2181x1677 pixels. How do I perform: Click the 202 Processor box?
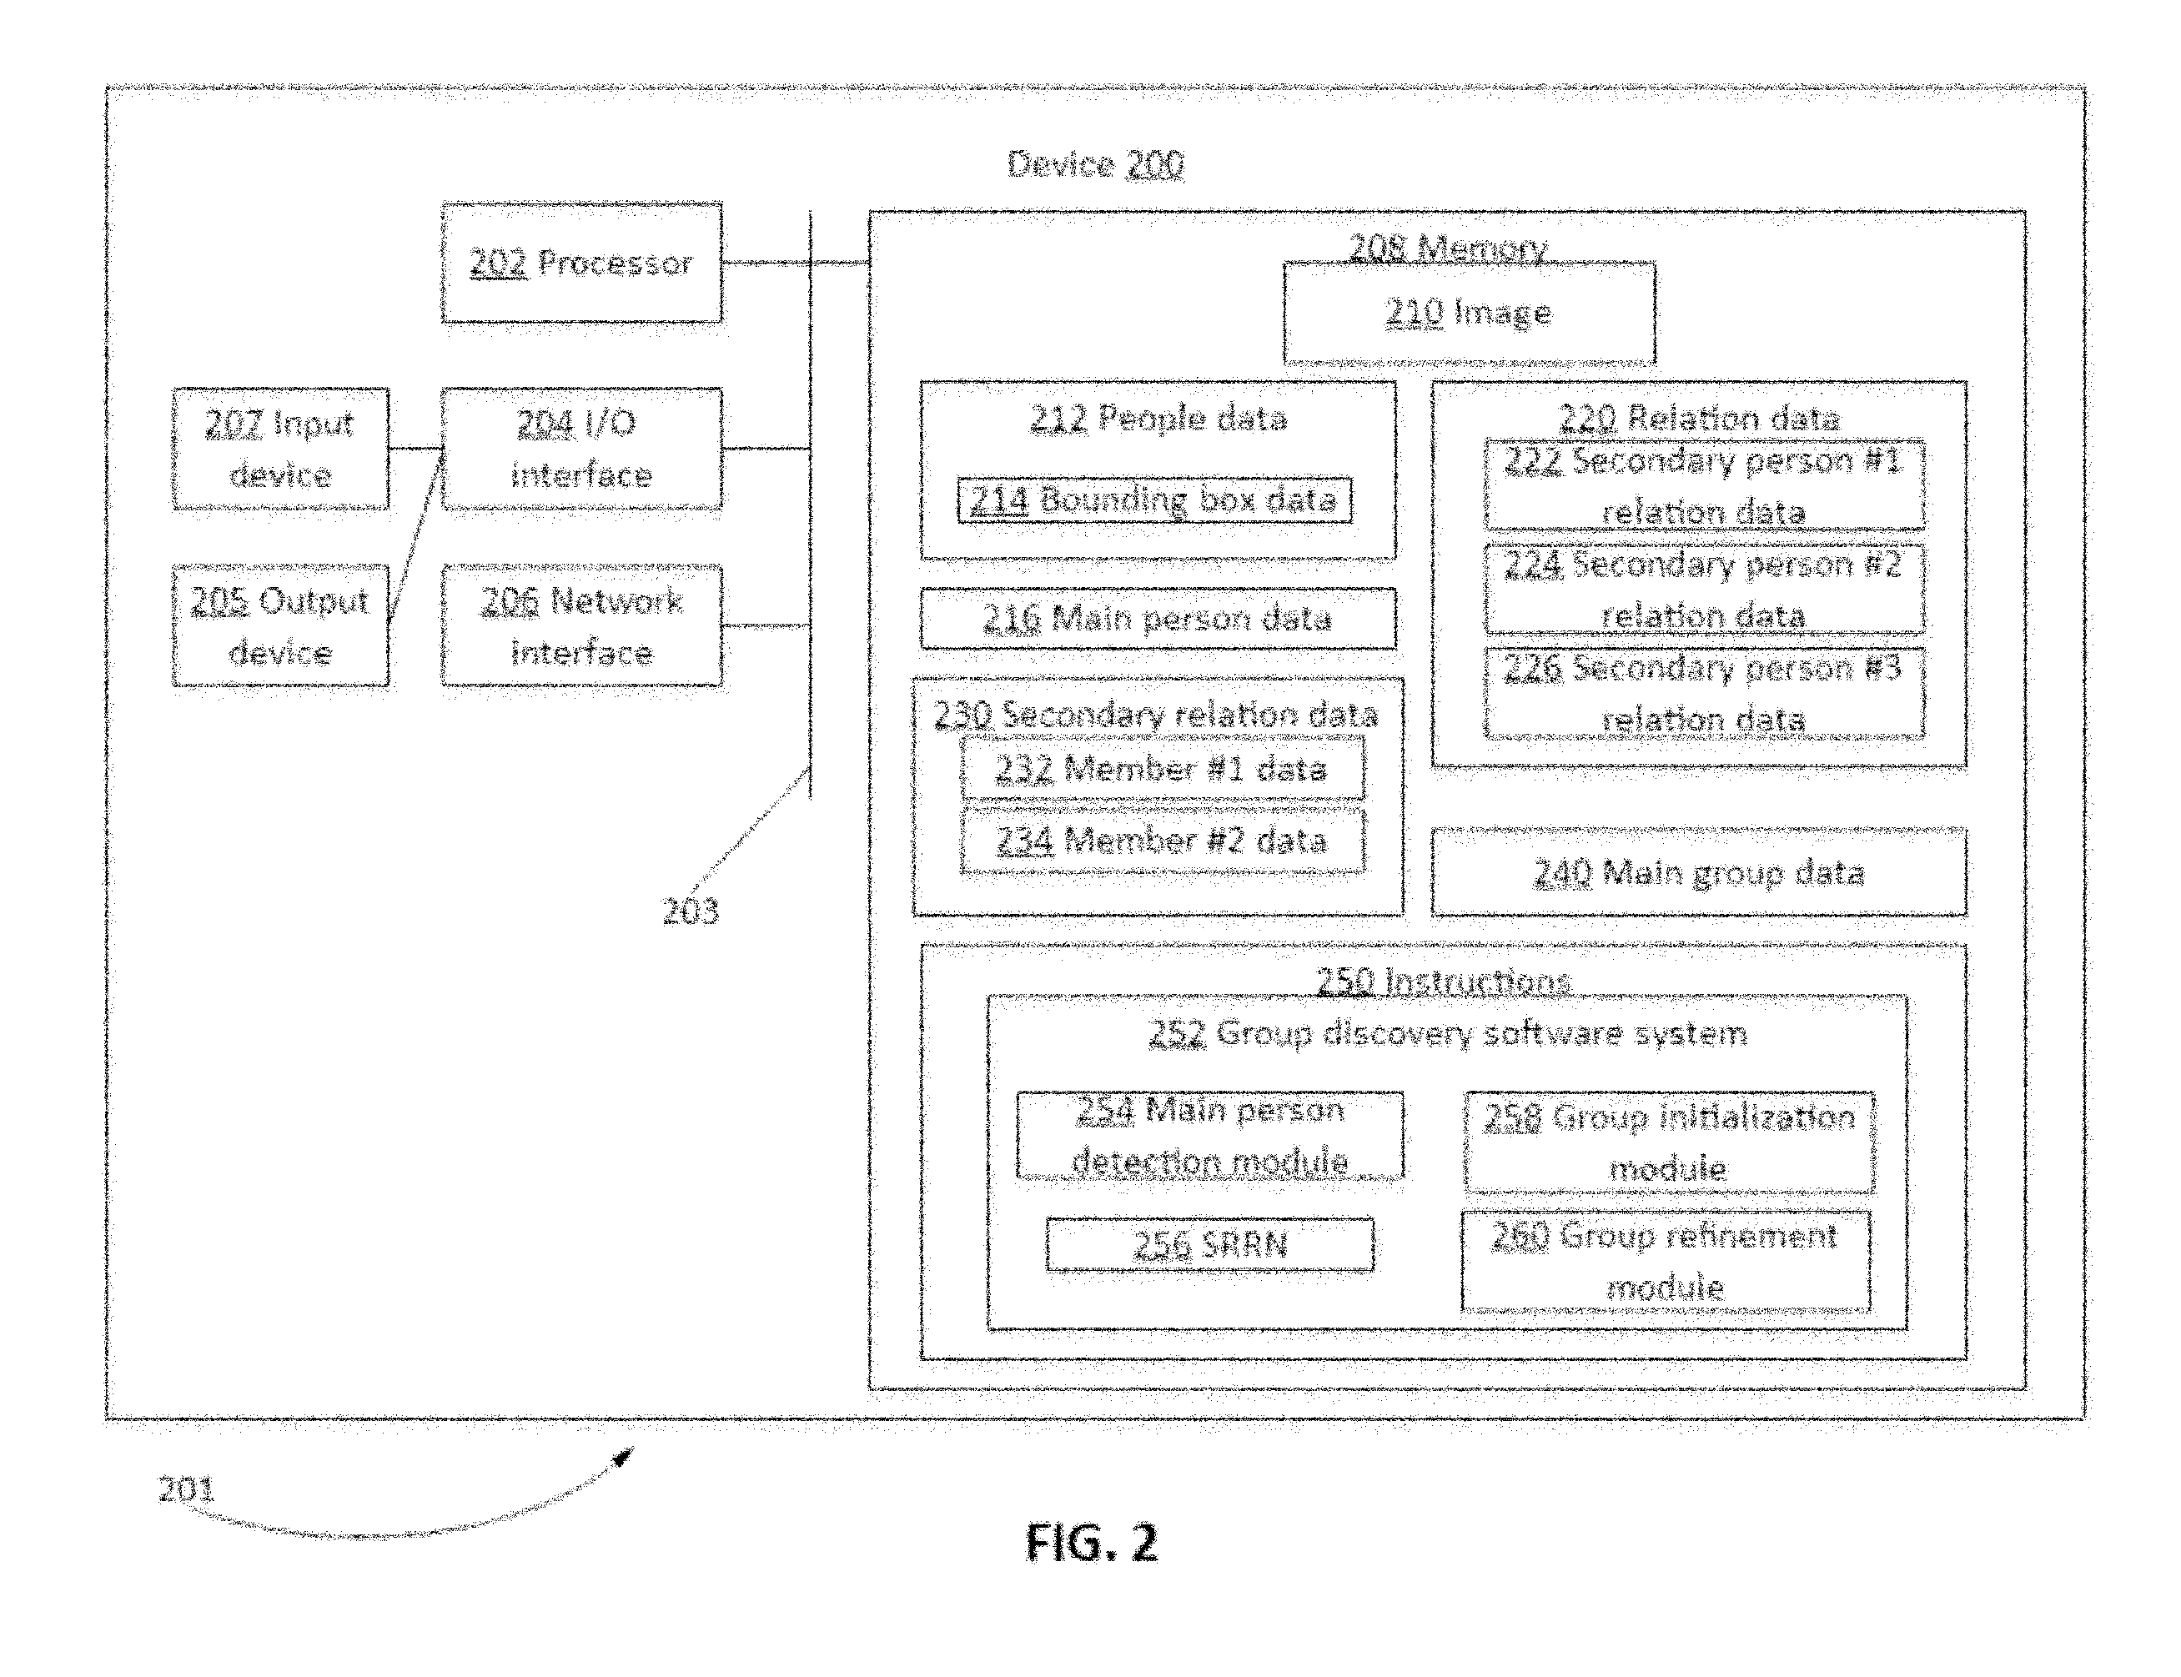582,263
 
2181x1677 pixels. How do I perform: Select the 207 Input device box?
280,449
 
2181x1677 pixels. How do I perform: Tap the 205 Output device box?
280,626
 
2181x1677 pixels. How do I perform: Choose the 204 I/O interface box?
582,449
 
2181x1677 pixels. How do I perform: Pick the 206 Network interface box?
582,626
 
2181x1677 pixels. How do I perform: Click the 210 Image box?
1470,314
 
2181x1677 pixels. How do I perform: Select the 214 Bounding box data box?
1155,500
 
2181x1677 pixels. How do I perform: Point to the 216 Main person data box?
1158,619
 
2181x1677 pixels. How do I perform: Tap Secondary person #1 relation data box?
1705,485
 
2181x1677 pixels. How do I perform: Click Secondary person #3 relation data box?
1705,693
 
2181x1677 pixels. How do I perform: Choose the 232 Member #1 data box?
1163,769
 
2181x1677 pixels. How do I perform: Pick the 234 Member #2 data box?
1163,841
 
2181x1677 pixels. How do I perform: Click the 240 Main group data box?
1699,872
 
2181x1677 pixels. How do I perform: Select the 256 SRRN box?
1210,1245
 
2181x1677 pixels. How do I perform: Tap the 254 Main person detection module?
1210,1136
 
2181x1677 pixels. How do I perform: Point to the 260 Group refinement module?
1666,1261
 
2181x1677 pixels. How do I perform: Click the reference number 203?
691,911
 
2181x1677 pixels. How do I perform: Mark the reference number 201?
187,1489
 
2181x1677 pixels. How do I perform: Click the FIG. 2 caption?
1092,1542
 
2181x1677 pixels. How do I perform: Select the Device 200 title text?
1095,163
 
